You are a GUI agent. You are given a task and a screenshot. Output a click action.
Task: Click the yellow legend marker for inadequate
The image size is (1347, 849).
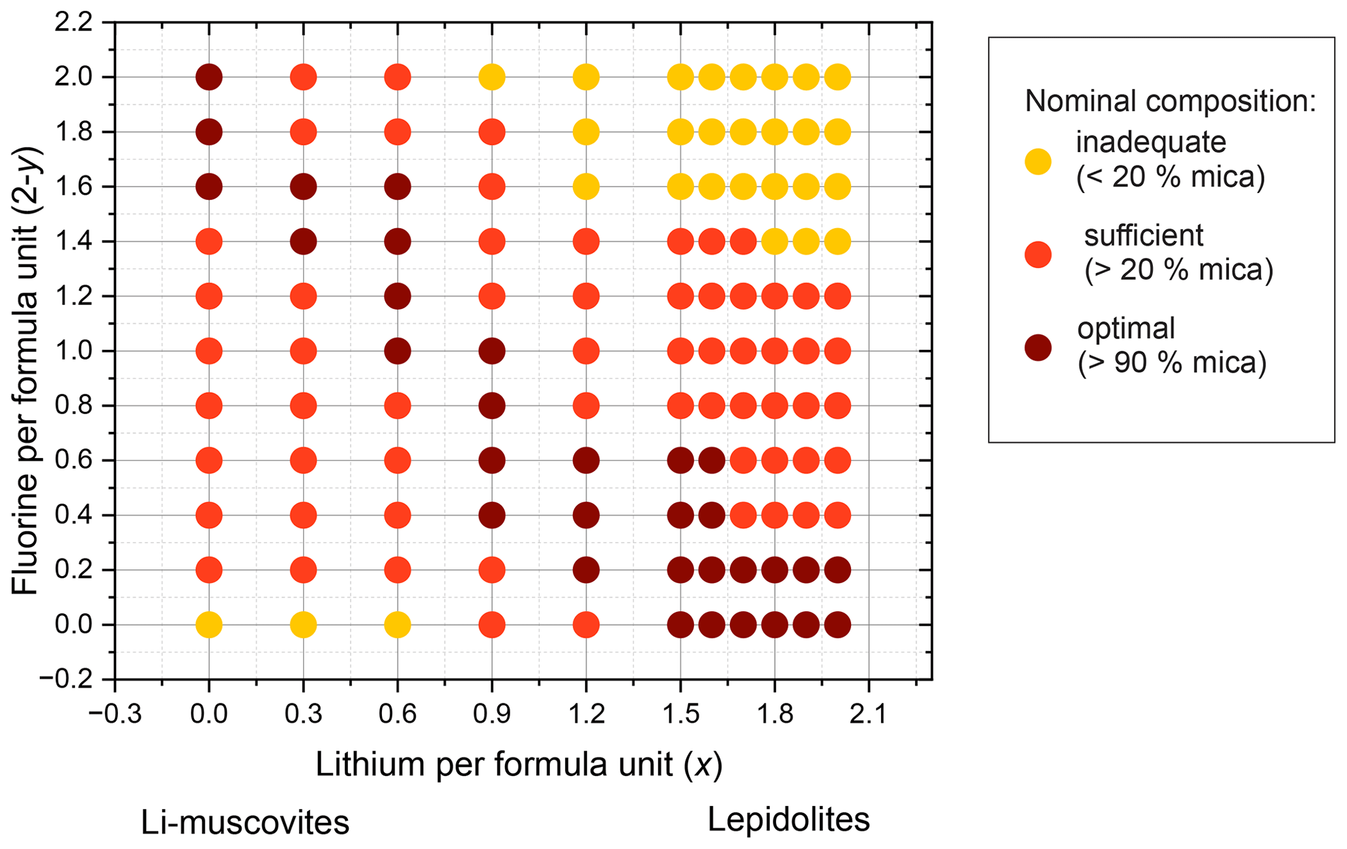click(1038, 161)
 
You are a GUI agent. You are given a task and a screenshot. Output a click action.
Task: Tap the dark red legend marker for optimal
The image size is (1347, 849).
click(1038, 347)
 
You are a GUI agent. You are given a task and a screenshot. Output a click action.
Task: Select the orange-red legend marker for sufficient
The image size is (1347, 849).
click(1038, 254)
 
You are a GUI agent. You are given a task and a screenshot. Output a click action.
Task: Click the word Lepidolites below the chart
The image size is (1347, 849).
click(789, 820)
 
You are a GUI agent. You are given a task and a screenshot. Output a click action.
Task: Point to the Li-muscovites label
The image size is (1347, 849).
click(245, 823)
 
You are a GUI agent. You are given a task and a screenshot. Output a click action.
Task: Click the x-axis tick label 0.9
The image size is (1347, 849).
click(492, 714)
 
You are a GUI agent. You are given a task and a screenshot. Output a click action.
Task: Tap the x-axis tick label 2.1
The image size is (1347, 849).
click(869, 714)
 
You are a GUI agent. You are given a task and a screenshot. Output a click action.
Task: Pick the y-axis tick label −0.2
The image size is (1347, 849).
click(67, 680)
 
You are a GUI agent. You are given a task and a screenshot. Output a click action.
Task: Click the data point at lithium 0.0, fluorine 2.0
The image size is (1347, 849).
click(209, 77)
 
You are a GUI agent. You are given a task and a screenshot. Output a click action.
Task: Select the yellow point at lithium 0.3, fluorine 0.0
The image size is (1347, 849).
click(303, 625)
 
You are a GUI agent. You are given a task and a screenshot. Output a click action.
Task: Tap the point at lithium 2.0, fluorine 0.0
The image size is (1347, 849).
click(837, 625)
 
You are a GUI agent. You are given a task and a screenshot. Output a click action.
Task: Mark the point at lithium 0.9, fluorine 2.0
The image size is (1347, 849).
click(492, 77)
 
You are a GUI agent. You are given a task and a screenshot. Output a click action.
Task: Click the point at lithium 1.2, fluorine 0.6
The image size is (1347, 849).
click(586, 461)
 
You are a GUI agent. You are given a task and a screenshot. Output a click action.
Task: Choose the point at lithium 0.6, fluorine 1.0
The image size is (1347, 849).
click(398, 351)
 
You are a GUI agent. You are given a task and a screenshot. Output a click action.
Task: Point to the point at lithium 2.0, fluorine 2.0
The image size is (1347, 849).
click(837, 77)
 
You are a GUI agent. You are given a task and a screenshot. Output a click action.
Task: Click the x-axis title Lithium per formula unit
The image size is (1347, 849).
click(519, 764)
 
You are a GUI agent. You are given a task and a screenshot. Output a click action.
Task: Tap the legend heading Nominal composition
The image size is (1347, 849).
click(1170, 102)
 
